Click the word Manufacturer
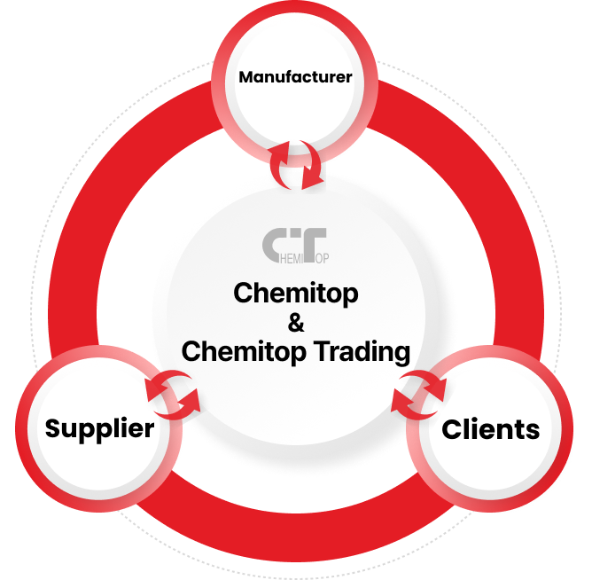coord(295,77)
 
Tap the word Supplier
coord(99,430)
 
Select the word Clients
coord(490,429)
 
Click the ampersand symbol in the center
coord(296,323)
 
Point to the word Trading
coord(362,352)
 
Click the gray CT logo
coord(295,246)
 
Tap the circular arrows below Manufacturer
coord(296,165)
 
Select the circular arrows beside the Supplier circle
coord(173,395)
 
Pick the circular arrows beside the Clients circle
coord(418,395)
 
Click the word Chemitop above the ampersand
coord(296,294)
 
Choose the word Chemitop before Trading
coord(244,352)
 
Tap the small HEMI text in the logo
coord(292,258)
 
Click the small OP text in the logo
coord(322,258)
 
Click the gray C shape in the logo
coord(274,245)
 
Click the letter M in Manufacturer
coord(247,77)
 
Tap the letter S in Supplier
coord(54,428)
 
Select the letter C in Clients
coord(452,429)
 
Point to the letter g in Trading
coord(401,355)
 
